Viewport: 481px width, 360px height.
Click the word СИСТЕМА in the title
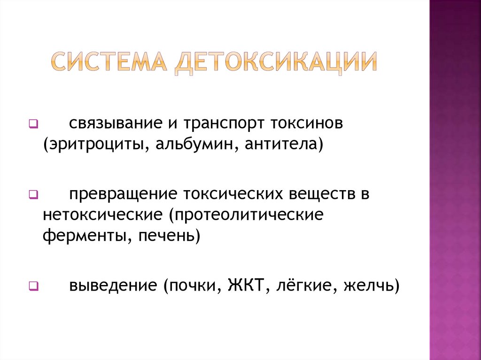tap(109, 62)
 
